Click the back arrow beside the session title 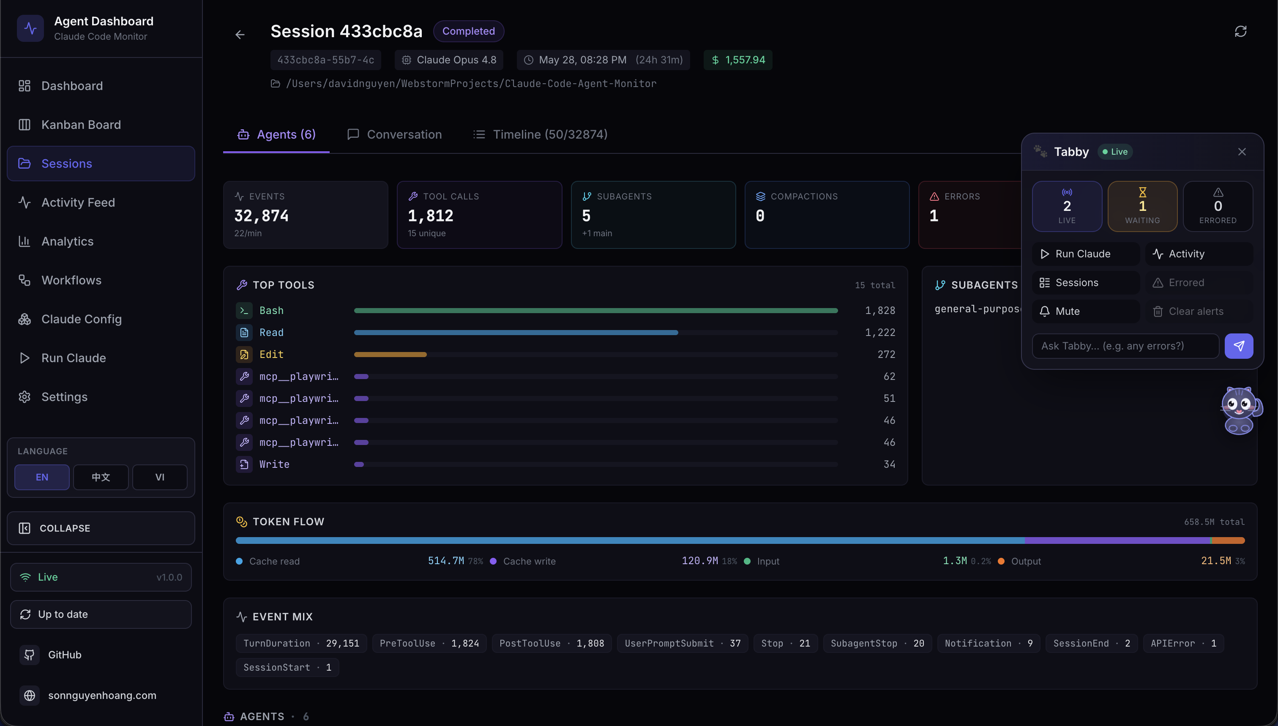[x=240, y=34]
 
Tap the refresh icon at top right [x=1241, y=31]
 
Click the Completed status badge [x=469, y=31]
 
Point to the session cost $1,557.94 [x=738, y=60]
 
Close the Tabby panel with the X [x=1242, y=152]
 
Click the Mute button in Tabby [x=1086, y=311]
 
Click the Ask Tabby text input [x=1125, y=346]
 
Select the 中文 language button [x=101, y=477]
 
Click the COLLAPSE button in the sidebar [x=101, y=528]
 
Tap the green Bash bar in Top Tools [x=596, y=311]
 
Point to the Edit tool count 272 [x=886, y=355]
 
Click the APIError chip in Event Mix [x=1183, y=643]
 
